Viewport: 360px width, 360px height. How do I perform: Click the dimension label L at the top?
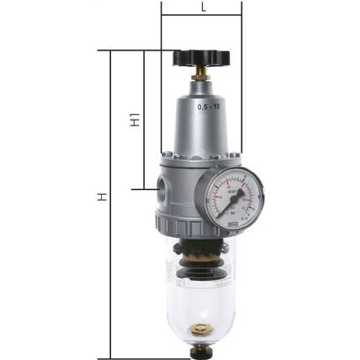point(203,7)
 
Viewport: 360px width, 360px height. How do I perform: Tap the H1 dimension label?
point(134,120)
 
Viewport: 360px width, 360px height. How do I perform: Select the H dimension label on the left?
point(101,197)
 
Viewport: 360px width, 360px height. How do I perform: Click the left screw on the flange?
point(166,155)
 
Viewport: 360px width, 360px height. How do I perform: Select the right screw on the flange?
point(237,155)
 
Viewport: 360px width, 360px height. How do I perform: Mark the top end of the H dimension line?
point(111,51)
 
